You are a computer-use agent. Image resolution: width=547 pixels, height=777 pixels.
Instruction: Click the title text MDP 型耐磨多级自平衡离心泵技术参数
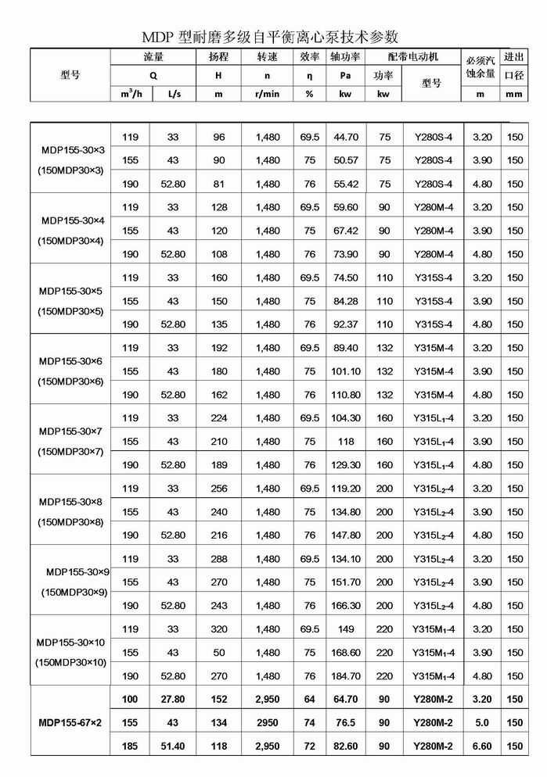(x=270, y=37)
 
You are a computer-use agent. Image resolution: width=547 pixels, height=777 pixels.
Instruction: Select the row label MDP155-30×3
(x=71, y=149)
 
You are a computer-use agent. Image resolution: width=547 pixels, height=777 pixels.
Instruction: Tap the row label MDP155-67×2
(x=71, y=723)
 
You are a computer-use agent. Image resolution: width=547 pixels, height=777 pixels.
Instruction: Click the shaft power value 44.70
(x=346, y=137)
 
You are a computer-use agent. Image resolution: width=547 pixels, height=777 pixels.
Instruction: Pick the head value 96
(x=218, y=137)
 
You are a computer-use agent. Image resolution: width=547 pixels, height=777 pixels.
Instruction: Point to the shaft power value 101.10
(x=346, y=371)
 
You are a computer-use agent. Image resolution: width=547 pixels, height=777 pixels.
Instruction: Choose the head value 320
(x=218, y=629)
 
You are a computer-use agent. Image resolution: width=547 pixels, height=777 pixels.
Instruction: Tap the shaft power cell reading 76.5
(x=346, y=723)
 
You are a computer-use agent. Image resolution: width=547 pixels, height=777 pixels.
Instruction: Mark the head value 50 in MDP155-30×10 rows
(x=218, y=653)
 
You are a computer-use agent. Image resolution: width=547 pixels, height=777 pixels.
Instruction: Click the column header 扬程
(x=219, y=57)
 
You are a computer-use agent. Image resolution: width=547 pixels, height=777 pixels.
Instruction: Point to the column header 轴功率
(x=345, y=57)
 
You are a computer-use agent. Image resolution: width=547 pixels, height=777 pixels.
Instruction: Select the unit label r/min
(x=267, y=94)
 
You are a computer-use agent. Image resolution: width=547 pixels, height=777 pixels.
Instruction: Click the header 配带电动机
(x=413, y=57)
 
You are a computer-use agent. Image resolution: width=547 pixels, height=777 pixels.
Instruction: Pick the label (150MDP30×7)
(x=71, y=453)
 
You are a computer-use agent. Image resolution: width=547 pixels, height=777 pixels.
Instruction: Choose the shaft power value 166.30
(x=346, y=606)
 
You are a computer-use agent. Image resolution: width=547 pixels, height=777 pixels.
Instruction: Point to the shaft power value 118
(x=346, y=442)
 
